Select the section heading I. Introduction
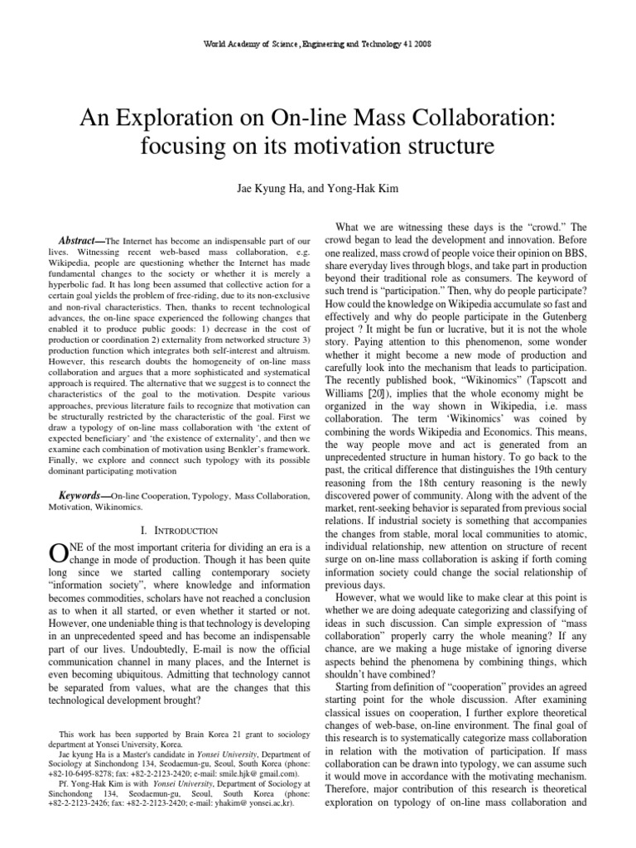pyautogui.click(x=180, y=530)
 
